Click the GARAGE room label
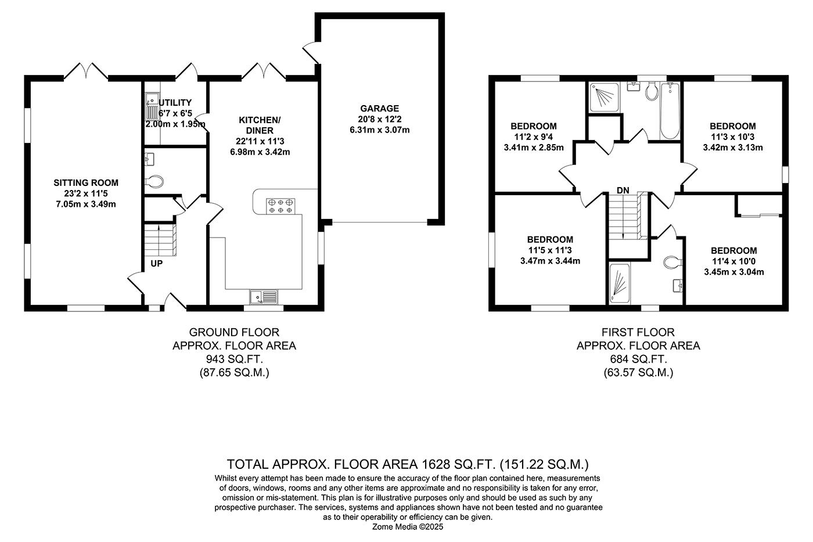379,109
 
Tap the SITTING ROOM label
87,183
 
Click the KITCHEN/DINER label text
260,125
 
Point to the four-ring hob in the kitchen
281,206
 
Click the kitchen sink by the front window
264,297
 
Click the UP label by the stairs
157,263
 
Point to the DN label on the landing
623,190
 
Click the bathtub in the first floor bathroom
670,110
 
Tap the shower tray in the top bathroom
604,96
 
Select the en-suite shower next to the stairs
619,283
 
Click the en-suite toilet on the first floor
672,262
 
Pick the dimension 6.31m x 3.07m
379,130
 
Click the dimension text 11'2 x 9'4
533,137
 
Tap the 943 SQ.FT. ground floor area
234,359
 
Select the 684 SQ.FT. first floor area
638,359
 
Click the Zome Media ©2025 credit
408,527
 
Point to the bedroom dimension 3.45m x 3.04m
733,272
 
